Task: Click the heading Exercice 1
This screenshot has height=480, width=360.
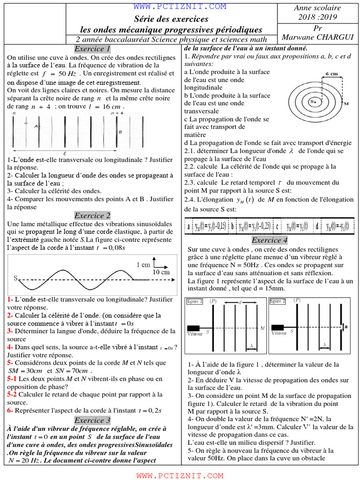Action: (x=92, y=49)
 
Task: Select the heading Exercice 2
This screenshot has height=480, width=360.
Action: (x=92, y=216)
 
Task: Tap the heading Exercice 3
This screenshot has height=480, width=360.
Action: (x=92, y=420)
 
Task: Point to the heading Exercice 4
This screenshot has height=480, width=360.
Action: (x=270, y=240)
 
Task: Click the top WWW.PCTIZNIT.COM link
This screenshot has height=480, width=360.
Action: (x=180, y=7)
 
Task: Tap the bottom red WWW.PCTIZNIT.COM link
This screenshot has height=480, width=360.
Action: (x=180, y=476)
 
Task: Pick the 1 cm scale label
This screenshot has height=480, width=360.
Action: (x=143, y=264)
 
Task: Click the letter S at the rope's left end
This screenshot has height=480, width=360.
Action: (x=15, y=278)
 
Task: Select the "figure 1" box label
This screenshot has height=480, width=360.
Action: (x=195, y=301)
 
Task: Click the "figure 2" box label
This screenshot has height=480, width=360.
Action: (x=277, y=301)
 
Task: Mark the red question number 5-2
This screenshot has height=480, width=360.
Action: (x=12, y=395)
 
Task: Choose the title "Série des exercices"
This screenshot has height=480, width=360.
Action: (x=171, y=19)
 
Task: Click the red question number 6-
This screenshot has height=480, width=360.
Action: (x=10, y=411)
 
